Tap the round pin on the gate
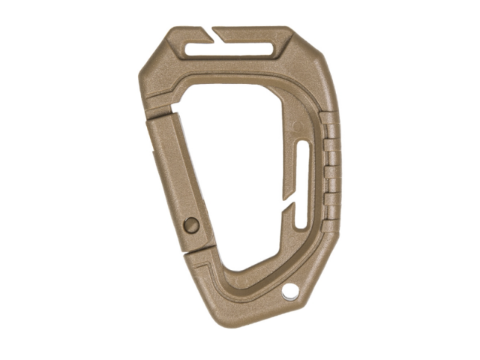tap(191, 223)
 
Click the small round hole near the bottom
tap(291, 291)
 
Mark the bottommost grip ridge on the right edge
tap(330, 212)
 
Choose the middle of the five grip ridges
tap(331, 168)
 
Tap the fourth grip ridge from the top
tap(331, 190)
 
